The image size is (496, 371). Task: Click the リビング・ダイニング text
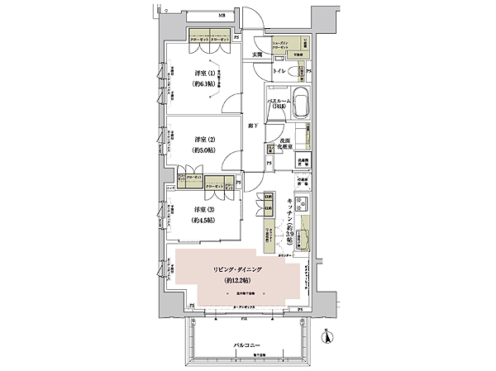coord(237,270)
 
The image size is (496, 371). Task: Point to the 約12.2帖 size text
coord(237,282)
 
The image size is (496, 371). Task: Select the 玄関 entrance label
coord(259,55)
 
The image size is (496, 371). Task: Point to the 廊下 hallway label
coord(255,126)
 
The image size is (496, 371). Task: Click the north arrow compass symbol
coord(328,336)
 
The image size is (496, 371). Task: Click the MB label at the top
coord(221,16)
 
